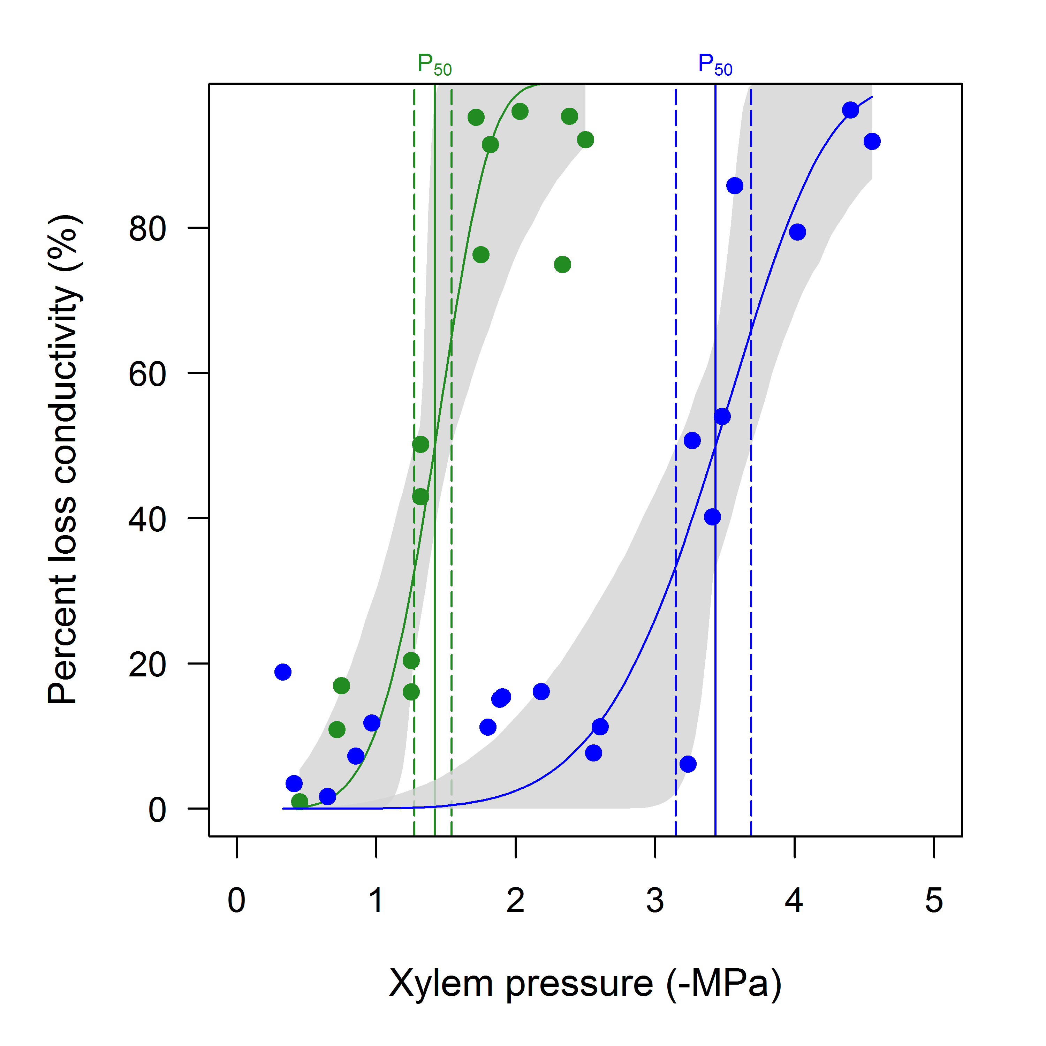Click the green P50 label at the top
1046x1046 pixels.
click(434, 66)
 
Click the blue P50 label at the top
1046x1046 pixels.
click(715, 66)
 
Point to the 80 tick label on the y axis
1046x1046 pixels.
click(147, 229)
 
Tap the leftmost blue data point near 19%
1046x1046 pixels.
click(283, 672)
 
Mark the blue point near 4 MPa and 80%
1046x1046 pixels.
click(797, 232)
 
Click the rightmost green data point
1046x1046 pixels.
click(585, 140)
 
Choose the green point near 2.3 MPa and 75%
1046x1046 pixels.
click(562, 264)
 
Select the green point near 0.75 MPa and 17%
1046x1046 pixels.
click(341, 685)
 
